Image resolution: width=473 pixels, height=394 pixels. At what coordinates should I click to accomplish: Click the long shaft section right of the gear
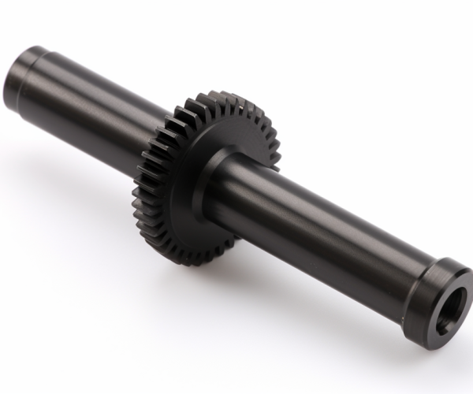315,229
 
